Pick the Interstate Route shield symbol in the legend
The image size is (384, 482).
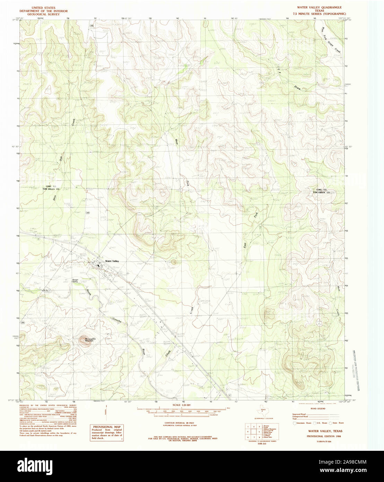point(295,423)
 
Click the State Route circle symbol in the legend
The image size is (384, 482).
point(331,423)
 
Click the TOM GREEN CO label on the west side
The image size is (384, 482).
point(51,189)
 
